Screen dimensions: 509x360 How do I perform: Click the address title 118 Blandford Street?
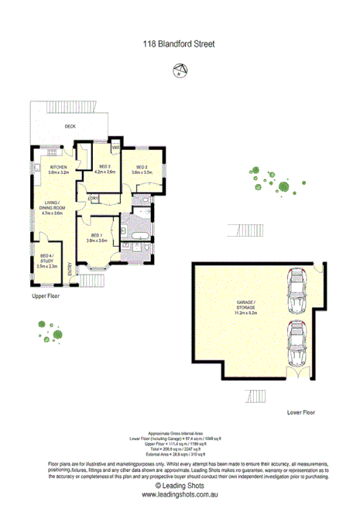179,46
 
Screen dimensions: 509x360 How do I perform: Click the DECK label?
70,126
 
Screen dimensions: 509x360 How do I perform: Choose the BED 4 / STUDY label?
47,258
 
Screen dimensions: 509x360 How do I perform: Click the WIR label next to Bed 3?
115,147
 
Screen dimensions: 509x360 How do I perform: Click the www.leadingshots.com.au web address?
179,493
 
